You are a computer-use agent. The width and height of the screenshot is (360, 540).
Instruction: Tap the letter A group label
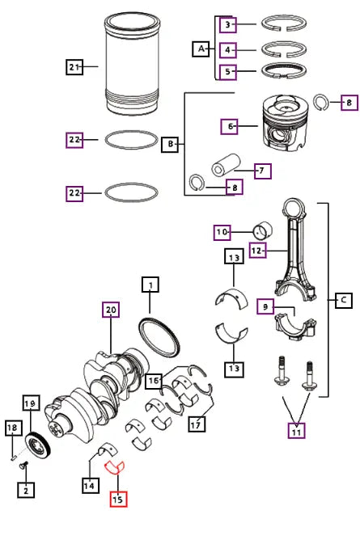click(200, 49)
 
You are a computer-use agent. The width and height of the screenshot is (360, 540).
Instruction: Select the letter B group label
click(171, 145)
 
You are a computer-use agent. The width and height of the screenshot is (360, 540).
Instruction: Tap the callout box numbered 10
click(222, 232)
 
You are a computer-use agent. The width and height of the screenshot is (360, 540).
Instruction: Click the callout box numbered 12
click(257, 251)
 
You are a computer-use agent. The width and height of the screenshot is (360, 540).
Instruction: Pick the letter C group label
click(342, 301)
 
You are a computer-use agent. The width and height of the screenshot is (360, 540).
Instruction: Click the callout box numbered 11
click(297, 430)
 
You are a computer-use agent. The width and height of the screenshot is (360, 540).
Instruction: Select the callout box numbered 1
click(151, 284)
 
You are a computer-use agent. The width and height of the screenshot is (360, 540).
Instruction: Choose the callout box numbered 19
click(31, 403)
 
